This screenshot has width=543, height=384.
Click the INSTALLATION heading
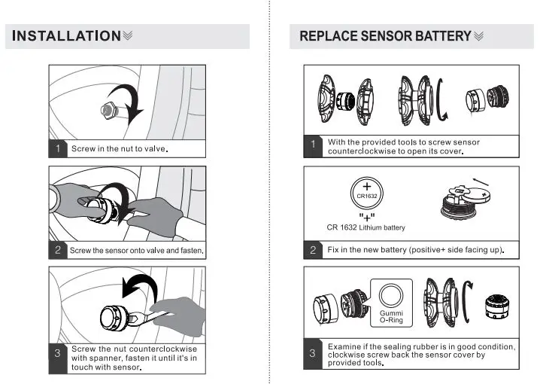click(x=66, y=36)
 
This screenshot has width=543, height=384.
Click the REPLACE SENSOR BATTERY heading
click(x=385, y=36)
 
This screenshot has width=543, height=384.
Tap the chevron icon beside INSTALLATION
click(x=128, y=35)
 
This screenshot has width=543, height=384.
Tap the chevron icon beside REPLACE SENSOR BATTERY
click(x=478, y=36)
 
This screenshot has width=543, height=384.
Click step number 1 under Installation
click(x=58, y=148)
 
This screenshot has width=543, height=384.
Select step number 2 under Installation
click(x=58, y=250)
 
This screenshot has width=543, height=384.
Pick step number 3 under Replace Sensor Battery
click(x=312, y=353)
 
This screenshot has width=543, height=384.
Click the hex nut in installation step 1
click(x=108, y=111)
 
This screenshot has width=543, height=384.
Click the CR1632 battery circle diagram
click(x=367, y=194)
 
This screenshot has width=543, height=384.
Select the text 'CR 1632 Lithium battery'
click(x=366, y=227)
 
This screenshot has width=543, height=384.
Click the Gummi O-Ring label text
click(x=391, y=316)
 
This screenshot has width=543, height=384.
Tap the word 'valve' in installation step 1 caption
click(x=155, y=148)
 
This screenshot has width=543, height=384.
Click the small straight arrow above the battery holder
click(x=481, y=182)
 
